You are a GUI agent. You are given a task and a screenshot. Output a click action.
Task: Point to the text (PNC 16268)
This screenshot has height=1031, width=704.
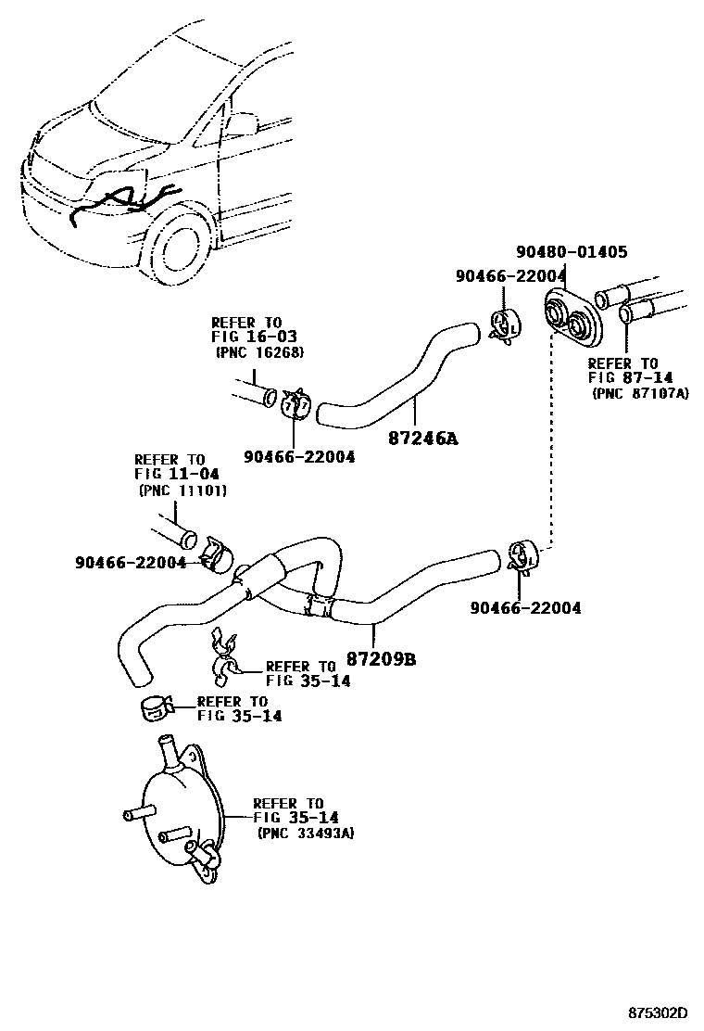click(260, 352)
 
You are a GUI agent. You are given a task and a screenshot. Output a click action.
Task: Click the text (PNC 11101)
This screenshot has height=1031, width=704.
click(182, 490)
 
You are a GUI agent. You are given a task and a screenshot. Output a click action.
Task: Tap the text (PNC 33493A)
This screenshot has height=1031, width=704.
click(306, 834)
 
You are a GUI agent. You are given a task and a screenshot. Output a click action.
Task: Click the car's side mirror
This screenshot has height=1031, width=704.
click(243, 123)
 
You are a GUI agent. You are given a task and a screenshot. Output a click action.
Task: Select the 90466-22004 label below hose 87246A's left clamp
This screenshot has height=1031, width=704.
click(299, 456)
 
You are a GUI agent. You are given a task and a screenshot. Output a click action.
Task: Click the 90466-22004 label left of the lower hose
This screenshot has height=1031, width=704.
click(131, 562)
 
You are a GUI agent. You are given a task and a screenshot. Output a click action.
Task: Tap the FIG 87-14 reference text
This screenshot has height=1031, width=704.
click(622, 378)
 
